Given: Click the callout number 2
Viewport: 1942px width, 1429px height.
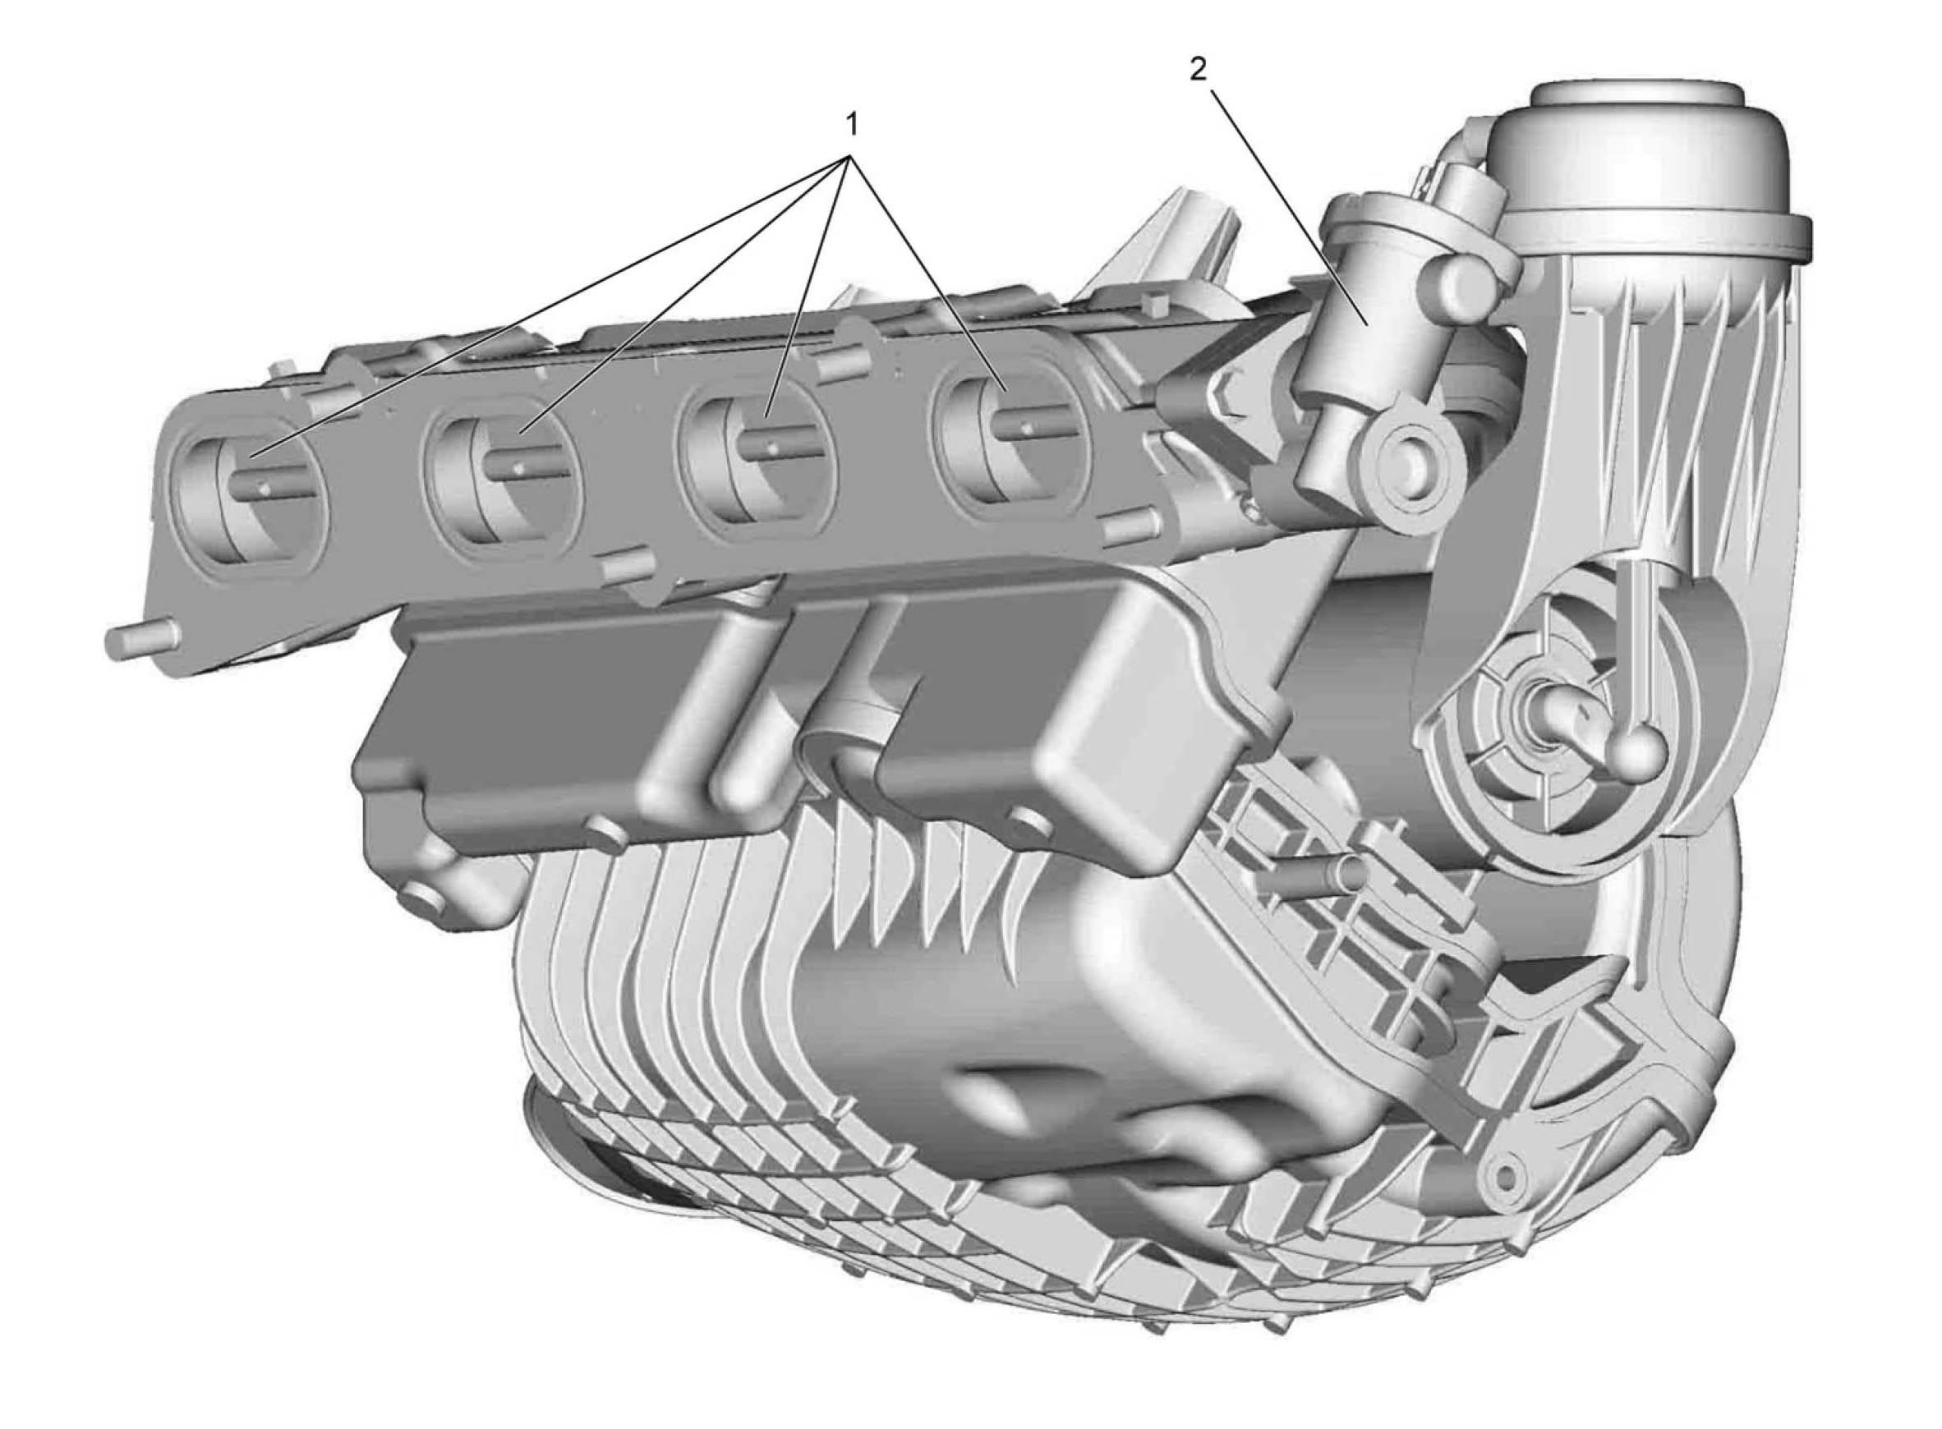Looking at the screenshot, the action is (1196, 70).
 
